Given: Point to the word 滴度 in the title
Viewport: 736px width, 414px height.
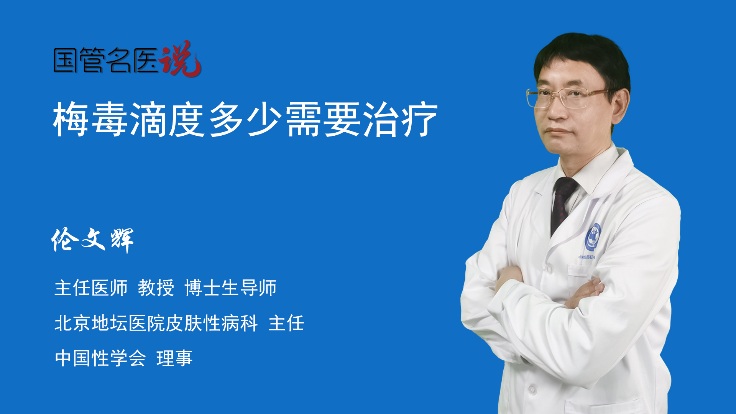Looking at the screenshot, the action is pyautogui.click(x=168, y=119).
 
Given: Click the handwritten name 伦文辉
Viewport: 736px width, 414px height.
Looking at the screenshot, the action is pyautogui.click(x=92, y=240).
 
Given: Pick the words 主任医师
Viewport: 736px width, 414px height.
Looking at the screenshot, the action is pyautogui.click(x=91, y=288).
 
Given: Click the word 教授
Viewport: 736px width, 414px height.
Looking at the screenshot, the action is pyautogui.click(x=156, y=288).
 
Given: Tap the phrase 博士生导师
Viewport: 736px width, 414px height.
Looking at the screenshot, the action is pyautogui.click(x=230, y=288).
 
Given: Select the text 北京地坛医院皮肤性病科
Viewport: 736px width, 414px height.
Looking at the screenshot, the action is pyautogui.click(x=156, y=323).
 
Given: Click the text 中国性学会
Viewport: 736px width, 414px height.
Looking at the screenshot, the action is pyautogui.click(x=100, y=358).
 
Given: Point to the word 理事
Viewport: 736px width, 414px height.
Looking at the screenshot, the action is pyautogui.click(x=174, y=358).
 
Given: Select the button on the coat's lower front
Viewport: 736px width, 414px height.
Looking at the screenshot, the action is pyautogui.click(x=532, y=390).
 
